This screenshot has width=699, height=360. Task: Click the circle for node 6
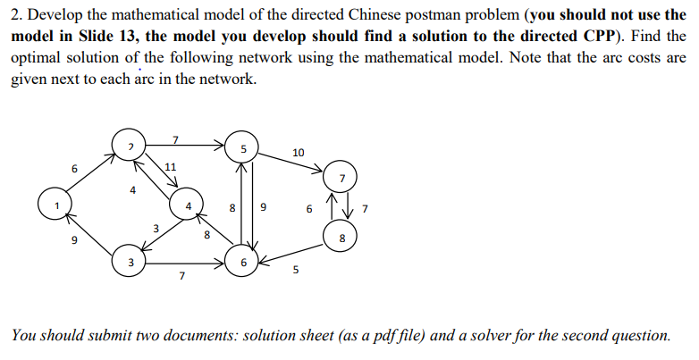(x=244, y=263)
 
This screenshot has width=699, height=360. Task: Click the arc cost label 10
(x=298, y=153)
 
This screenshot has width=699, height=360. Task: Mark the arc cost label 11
(x=171, y=167)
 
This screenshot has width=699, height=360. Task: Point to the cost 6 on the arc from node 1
(x=75, y=169)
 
